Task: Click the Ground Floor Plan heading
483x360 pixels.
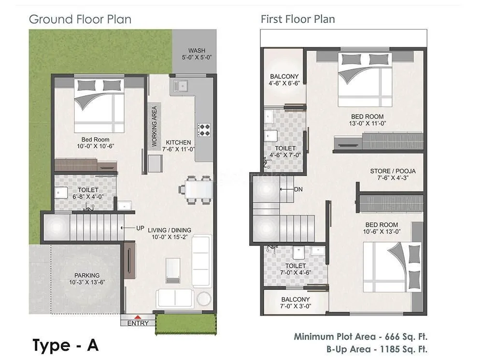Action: click(80, 19)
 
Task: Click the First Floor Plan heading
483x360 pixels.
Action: click(298, 19)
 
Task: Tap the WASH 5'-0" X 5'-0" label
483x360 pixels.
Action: click(197, 54)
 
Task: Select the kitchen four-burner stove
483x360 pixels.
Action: click(204, 130)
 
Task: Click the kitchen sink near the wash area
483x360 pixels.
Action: click(183, 87)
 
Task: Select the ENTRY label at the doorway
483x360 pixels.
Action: click(138, 323)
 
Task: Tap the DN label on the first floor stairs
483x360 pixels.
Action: click(298, 189)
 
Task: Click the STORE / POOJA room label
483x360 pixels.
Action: click(393, 174)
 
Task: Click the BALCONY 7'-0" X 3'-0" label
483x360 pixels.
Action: click(295, 302)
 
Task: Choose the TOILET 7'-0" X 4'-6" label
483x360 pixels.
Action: click(295, 269)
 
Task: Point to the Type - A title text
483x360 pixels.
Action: click(66, 346)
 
